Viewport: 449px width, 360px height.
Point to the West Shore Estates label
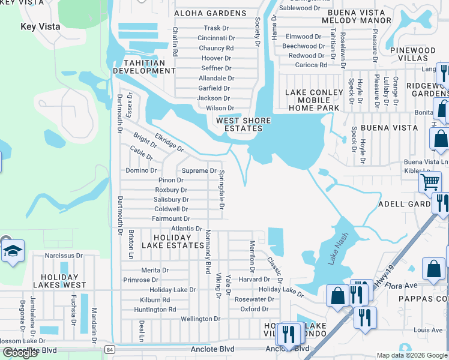point(243,124)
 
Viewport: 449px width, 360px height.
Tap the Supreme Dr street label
point(199,171)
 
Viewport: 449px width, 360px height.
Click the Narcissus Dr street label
point(63,256)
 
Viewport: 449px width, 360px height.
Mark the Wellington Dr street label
point(200,319)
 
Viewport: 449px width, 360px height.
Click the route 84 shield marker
point(108,349)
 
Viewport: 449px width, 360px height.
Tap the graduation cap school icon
point(12,252)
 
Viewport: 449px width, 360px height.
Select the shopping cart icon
point(430,181)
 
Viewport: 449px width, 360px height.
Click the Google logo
point(20,353)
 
